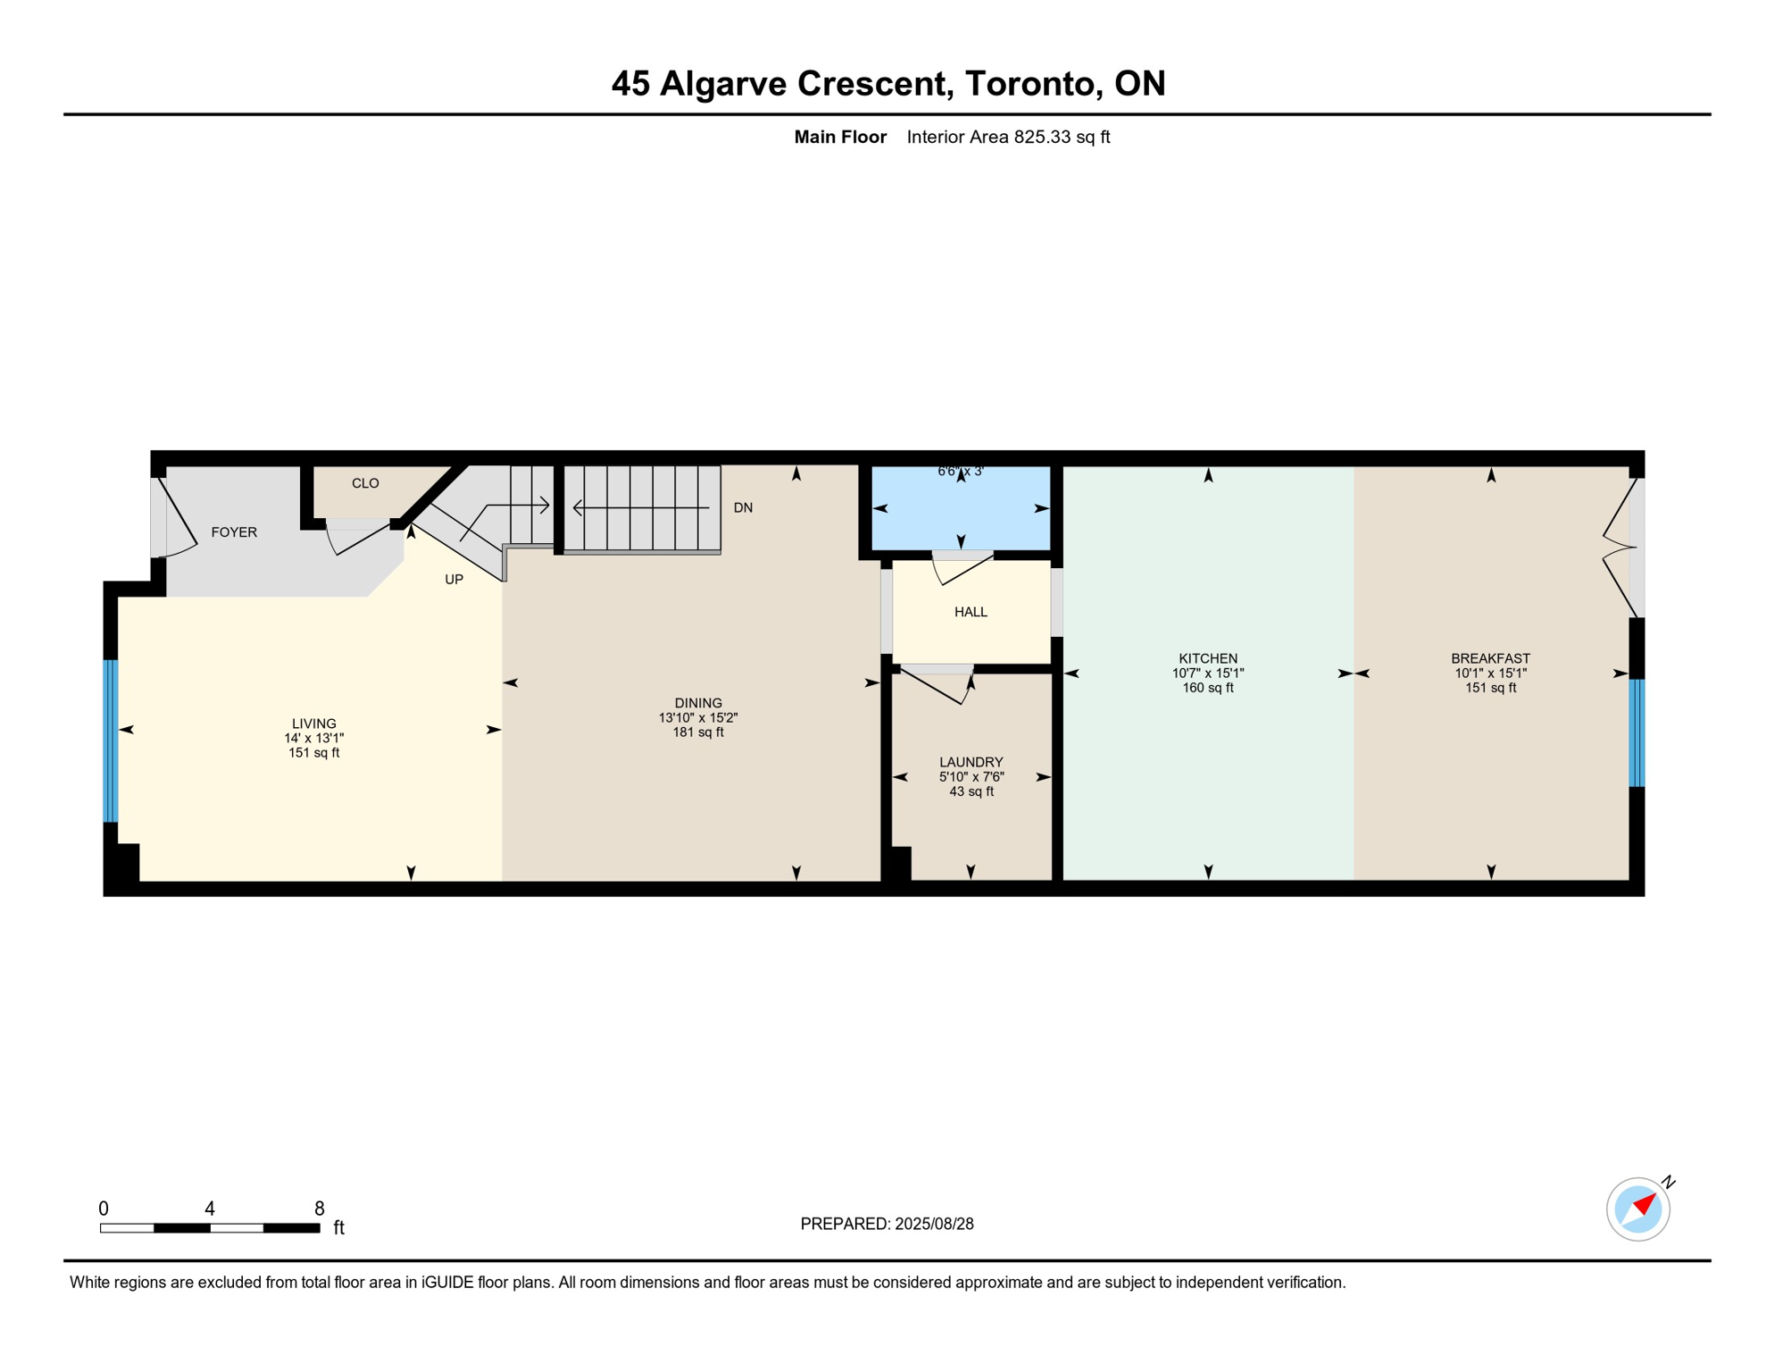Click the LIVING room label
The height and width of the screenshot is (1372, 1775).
coord(314,724)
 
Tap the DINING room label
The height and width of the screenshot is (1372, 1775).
coord(698,703)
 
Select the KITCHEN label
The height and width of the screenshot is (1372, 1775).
coord(1208,658)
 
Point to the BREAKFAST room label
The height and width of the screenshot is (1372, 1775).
coord(1490,658)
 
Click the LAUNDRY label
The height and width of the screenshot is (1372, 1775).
coord(971,762)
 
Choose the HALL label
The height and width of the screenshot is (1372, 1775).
coord(971,612)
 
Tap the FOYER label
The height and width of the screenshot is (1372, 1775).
coord(234,532)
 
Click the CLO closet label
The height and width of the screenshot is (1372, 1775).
coord(365,483)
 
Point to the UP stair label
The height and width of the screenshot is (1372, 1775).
coord(454,580)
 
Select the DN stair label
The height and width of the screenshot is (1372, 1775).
coord(743,508)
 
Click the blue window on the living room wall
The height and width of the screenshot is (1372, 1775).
coord(111,740)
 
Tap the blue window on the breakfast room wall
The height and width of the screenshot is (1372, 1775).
coord(1637,733)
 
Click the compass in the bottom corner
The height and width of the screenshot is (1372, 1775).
coord(1638,1209)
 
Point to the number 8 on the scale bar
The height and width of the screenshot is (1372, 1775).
coord(320,1209)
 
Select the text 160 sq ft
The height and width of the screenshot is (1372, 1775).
coord(1208,688)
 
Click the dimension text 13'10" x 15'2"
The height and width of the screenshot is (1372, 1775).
coord(698,717)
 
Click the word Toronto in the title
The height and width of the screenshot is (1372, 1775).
coord(1029,83)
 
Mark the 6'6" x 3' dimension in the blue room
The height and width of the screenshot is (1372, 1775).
coord(960,471)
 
